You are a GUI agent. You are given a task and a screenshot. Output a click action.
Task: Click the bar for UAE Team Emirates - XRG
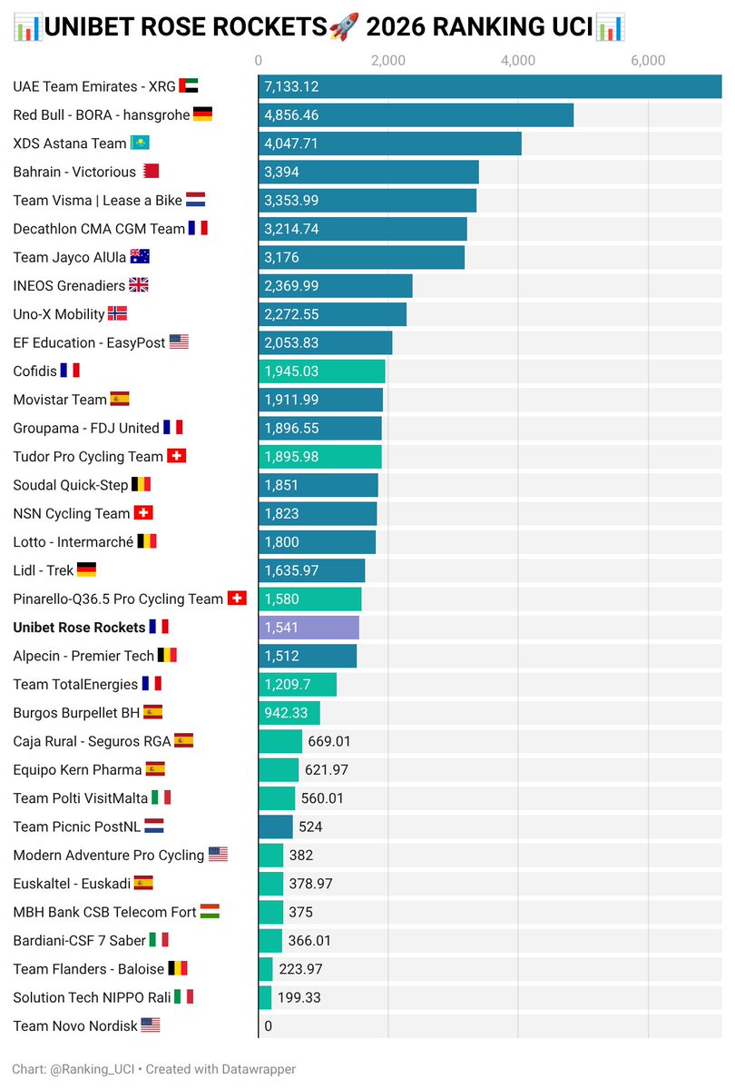tap(490, 87)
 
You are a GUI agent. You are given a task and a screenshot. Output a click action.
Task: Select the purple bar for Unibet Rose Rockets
tap(309, 628)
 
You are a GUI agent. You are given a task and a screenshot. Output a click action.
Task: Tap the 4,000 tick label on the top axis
tap(518, 61)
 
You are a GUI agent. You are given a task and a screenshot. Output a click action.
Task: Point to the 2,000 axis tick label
tap(388, 61)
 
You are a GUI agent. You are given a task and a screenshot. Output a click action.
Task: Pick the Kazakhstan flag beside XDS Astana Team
tap(141, 144)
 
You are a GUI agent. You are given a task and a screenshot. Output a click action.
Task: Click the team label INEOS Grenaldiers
tap(69, 285)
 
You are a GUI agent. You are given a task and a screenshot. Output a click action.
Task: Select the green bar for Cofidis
tap(321, 371)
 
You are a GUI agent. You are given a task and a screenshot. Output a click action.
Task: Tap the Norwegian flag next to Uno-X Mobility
tap(117, 314)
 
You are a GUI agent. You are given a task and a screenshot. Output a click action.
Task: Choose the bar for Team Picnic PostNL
tap(276, 827)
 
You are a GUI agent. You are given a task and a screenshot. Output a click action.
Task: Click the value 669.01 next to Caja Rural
tap(329, 741)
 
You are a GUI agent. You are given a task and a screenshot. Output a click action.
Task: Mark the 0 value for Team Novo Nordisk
tap(268, 1026)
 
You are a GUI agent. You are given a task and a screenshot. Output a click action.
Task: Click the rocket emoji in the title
tap(344, 27)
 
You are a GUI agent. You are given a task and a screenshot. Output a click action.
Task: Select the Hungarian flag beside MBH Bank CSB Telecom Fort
tap(210, 912)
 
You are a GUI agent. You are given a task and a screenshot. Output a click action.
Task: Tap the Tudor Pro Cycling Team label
tap(88, 457)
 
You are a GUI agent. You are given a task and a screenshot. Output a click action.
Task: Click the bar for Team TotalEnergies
tap(297, 684)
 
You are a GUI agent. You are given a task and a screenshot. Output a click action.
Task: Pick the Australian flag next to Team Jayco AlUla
tap(140, 257)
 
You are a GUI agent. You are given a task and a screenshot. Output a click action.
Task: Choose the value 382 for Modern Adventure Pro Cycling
tap(300, 855)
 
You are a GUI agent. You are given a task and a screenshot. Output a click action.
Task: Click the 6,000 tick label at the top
tap(648, 61)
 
